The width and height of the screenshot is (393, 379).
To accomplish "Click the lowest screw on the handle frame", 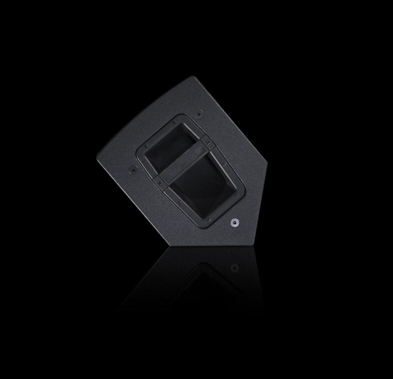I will pos(207,220).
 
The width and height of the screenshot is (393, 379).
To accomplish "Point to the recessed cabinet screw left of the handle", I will pos(133,168).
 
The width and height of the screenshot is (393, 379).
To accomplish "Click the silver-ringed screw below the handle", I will pos(234,222).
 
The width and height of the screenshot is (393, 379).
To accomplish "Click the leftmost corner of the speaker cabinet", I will pos(97,157).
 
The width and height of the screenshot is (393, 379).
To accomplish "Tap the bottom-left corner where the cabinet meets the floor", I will pos(168,245).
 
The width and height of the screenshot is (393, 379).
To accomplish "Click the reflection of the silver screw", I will pos(234,267).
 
